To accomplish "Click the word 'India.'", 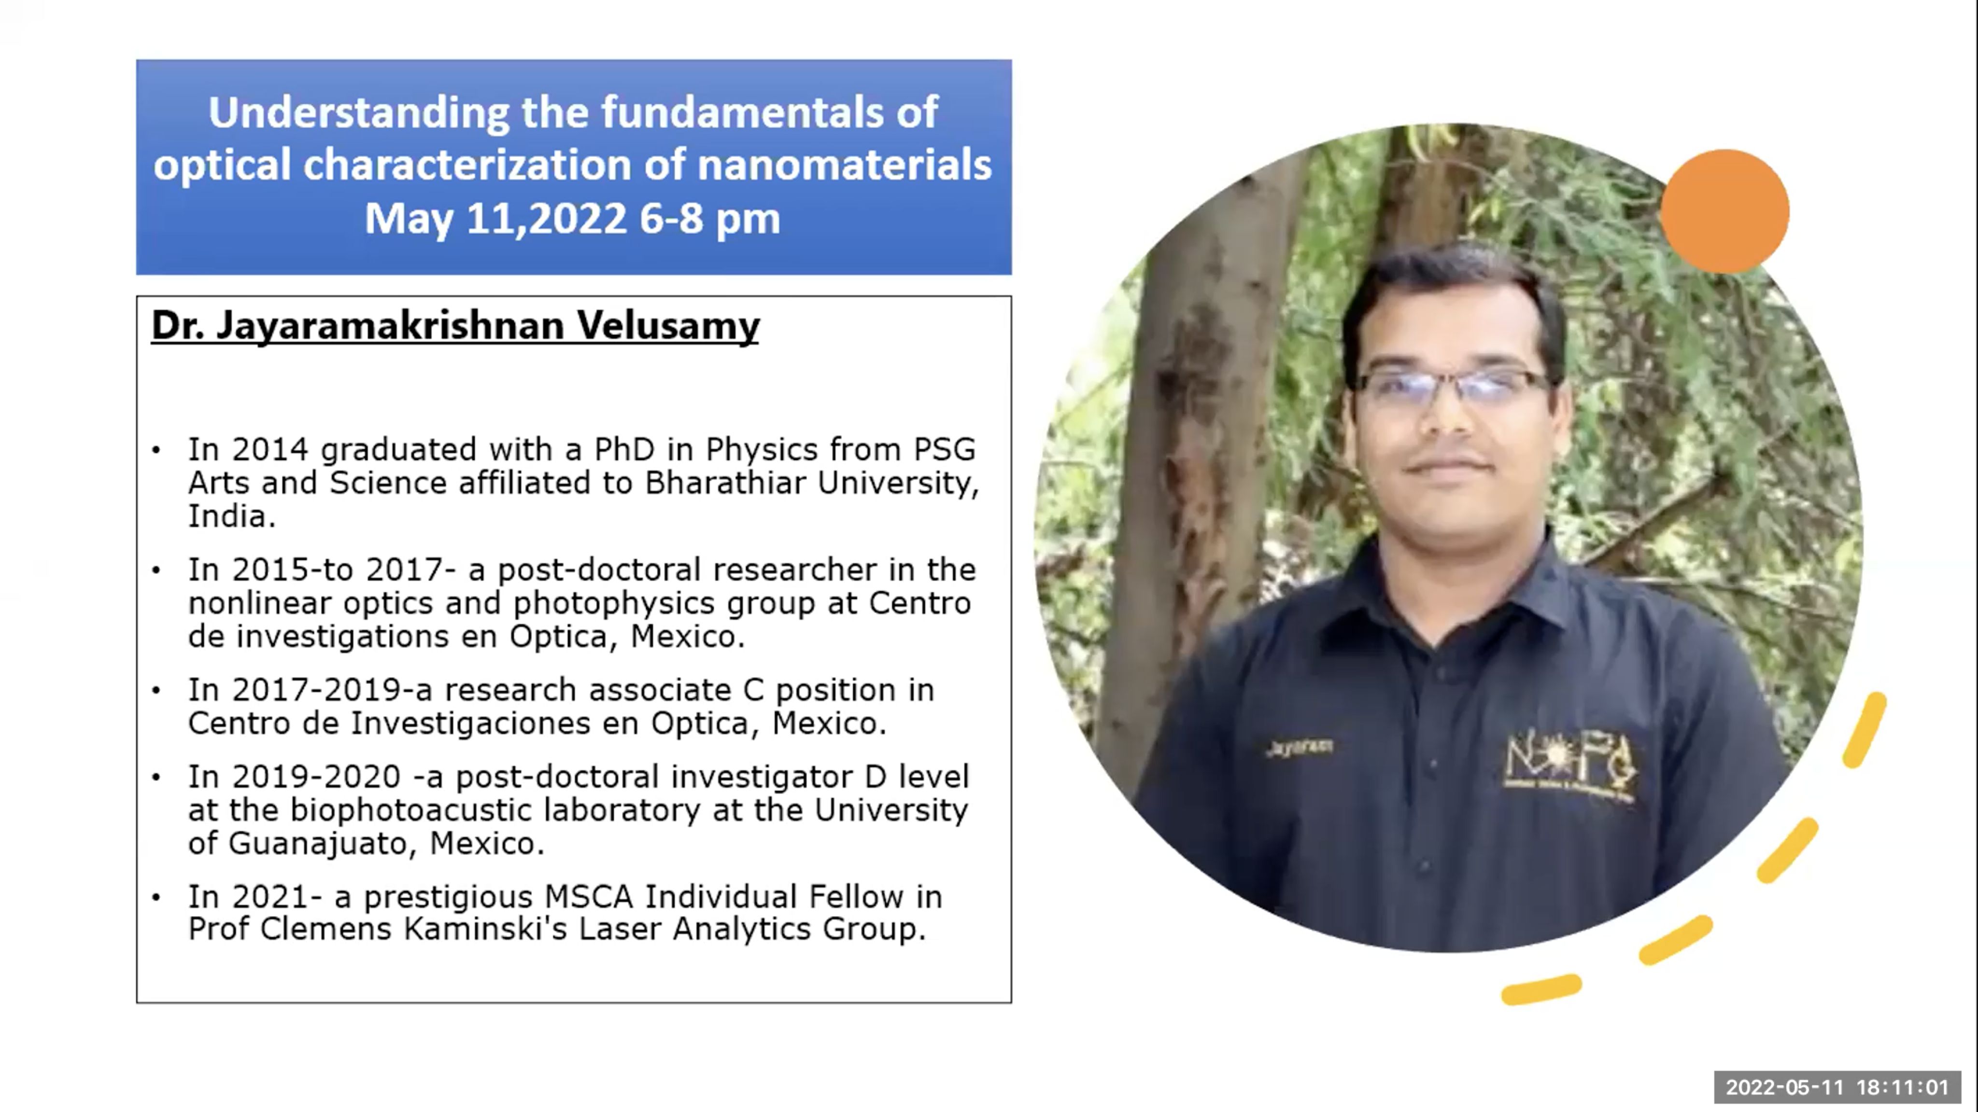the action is [232, 516].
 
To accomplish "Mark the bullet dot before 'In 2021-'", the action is [156, 896].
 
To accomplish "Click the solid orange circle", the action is [1724, 211].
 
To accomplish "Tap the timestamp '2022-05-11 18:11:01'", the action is [1837, 1087].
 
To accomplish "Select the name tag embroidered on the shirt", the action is [1300, 747].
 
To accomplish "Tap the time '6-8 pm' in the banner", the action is [709, 219].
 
